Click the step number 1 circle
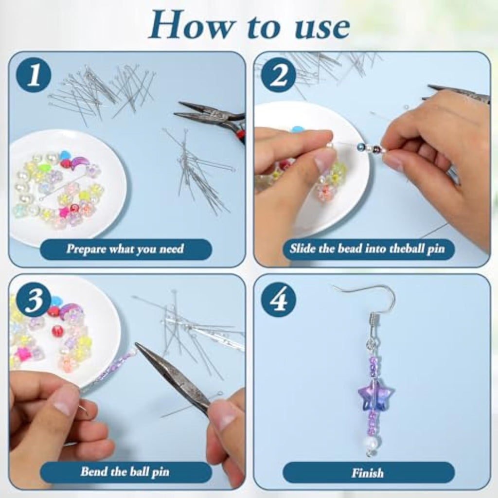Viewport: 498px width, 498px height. click(34, 75)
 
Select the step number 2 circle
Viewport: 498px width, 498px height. click(279, 75)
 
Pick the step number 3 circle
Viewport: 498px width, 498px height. click(34, 299)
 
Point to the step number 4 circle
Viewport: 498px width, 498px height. click(279, 299)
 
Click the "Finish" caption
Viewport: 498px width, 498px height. click(368, 473)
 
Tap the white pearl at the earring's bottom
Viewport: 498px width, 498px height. click(371, 443)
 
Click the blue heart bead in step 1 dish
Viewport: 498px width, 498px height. click(65, 155)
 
